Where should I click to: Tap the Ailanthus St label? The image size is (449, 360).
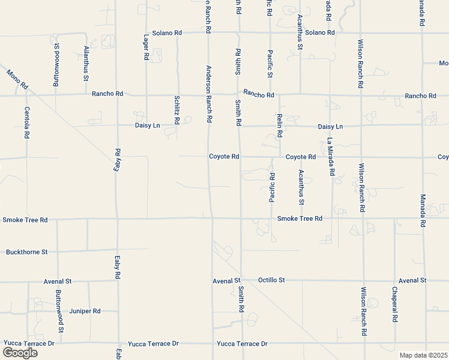pyautogui.click(x=86, y=63)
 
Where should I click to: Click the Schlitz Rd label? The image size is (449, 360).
pyautogui.click(x=177, y=110)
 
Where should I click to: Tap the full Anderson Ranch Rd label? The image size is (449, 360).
pyautogui.click(x=209, y=94)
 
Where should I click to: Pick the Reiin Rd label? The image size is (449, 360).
pyautogui.click(x=280, y=124)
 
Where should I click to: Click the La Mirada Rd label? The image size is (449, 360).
pyautogui.click(x=330, y=157)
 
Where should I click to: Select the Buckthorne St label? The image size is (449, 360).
pyautogui.click(x=26, y=252)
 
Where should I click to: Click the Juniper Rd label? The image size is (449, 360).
pyautogui.click(x=85, y=311)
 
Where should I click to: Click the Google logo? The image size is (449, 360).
pyautogui.click(x=20, y=353)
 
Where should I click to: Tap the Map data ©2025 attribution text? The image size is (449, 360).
pyautogui.click(x=424, y=355)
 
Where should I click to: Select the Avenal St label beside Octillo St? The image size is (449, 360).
pyautogui.click(x=226, y=280)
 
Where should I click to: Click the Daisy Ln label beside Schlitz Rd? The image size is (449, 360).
pyautogui.click(x=147, y=126)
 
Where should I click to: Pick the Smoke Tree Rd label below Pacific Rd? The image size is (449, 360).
pyautogui.click(x=300, y=218)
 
